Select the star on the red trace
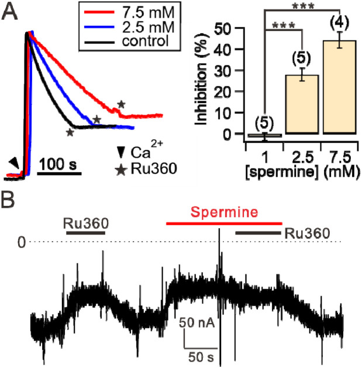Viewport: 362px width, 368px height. (x=121, y=104)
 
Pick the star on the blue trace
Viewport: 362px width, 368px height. (x=96, y=119)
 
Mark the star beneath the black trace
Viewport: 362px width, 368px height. (x=70, y=133)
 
